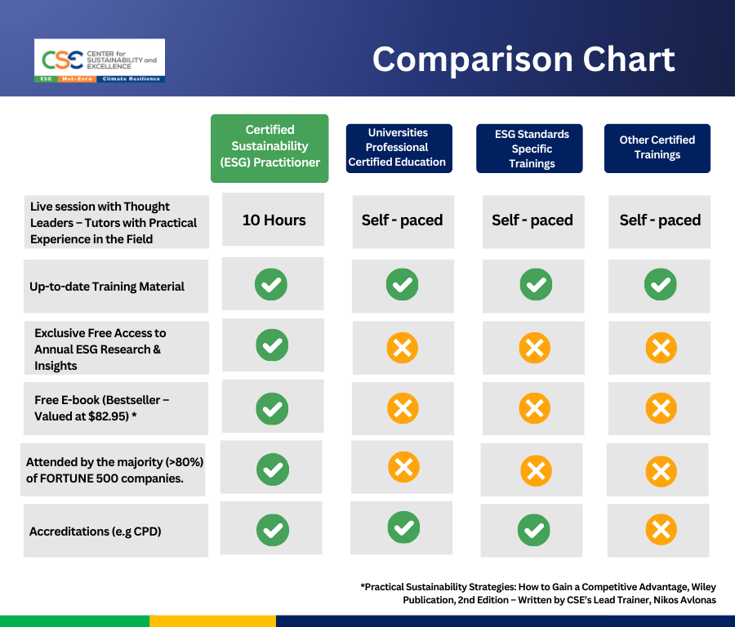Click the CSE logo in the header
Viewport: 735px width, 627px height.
tap(100, 60)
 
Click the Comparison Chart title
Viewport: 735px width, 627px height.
tap(523, 59)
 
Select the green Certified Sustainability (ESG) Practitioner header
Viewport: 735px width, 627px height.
tap(269, 147)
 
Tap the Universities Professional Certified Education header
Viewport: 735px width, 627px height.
tap(397, 147)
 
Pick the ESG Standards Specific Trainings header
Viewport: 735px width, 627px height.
tap(532, 149)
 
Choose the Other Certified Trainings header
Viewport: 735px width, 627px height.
tap(657, 148)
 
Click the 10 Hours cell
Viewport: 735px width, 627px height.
tap(274, 220)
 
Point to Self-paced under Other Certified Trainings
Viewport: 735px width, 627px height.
tap(660, 220)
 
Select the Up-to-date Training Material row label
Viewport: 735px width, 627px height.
tap(107, 287)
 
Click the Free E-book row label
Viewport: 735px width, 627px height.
tap(100, 407)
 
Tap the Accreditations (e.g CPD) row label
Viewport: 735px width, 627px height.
tap(96, 531)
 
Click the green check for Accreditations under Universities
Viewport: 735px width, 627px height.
tap(403, 527)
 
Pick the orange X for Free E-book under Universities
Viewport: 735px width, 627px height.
tap(402, 407)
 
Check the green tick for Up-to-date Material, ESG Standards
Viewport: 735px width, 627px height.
tap(535, 285)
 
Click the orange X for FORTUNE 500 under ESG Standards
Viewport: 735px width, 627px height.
tap(535, 470)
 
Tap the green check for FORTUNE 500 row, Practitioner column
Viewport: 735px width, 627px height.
tap(272, 469)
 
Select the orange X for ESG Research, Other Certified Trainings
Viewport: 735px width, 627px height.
tap(660, 349)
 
